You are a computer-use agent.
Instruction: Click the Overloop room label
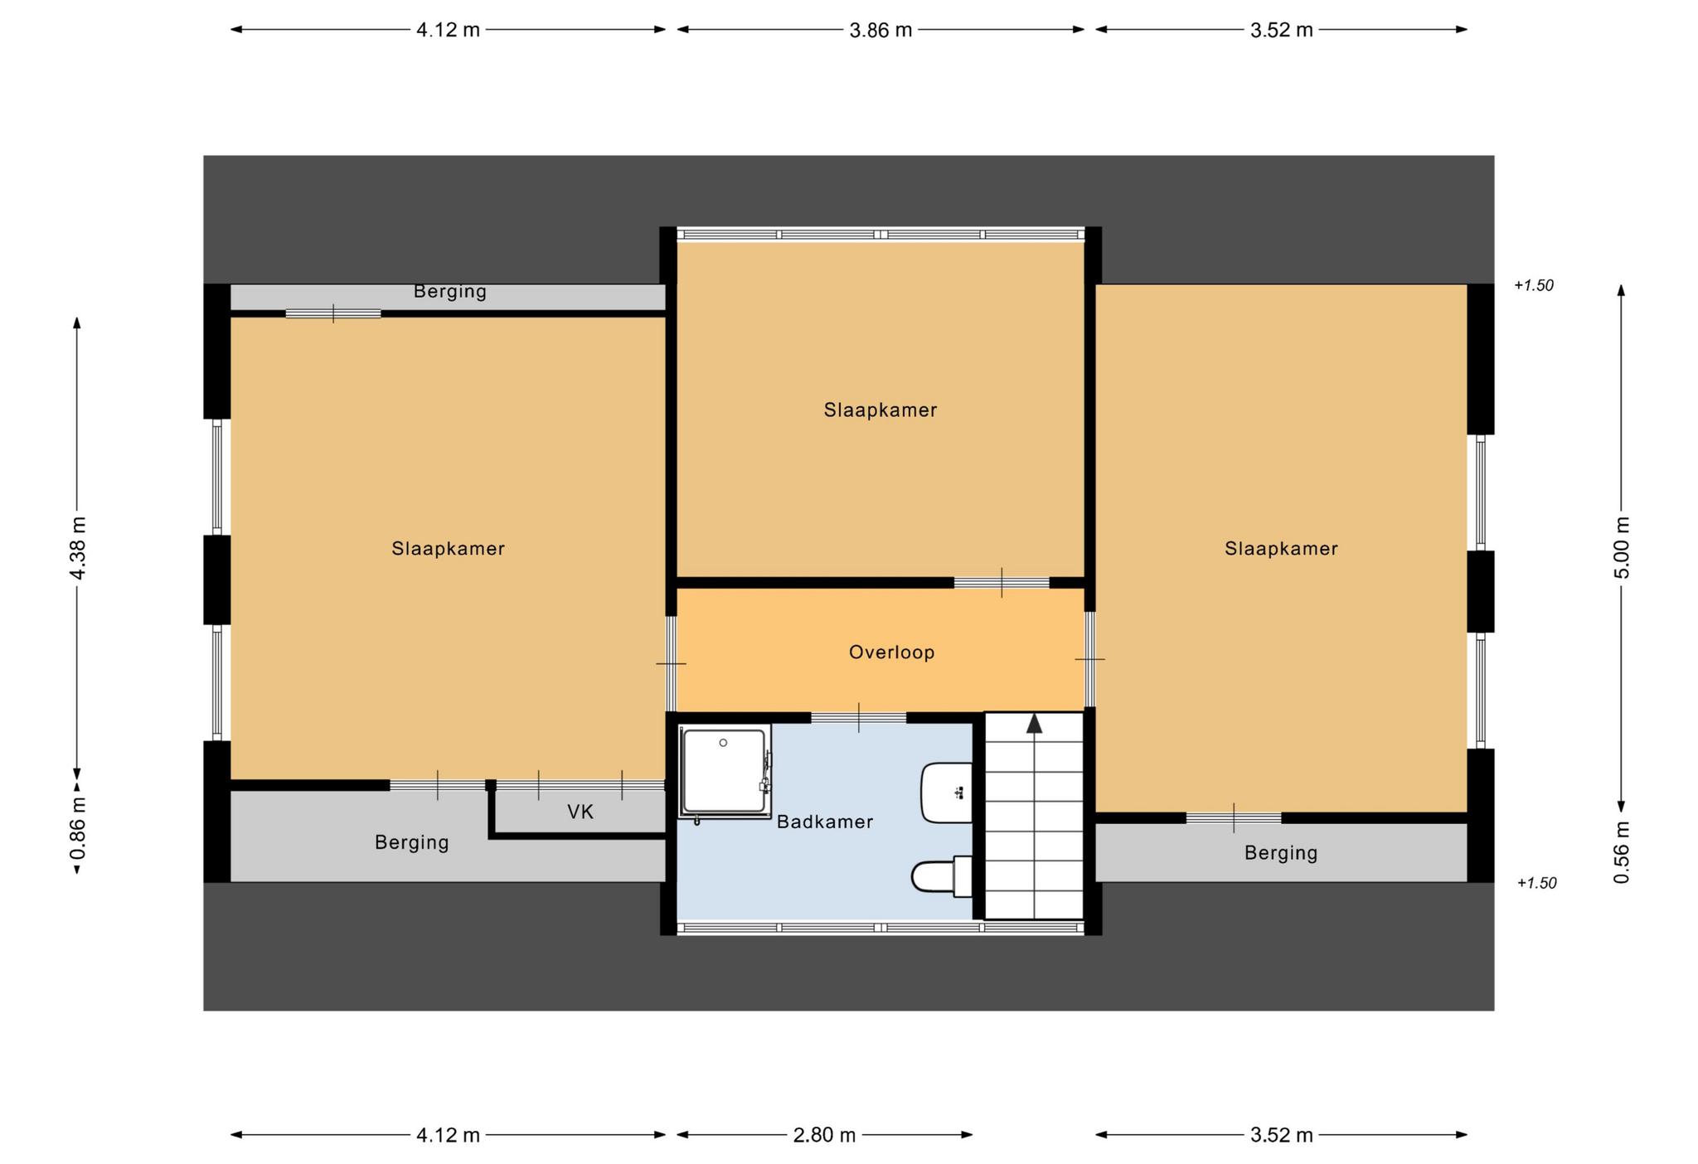coord(891,652)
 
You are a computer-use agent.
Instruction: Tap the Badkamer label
coord(825,822)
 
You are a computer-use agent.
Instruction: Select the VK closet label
coord(580,812)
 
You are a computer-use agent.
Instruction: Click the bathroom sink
coord(947,793)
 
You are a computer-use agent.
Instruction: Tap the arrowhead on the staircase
coord(1034,724)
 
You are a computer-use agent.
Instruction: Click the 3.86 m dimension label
coord(881,30)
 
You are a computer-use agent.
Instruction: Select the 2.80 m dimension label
coord(824,1135)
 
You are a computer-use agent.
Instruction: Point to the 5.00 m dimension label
coord(1623,547)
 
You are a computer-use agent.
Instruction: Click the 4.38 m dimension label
coord(77,548)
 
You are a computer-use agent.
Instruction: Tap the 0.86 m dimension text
coord(77,829)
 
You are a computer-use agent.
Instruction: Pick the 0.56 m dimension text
coord(1623,852)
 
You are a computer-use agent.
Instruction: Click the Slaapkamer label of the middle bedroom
coord(881,410)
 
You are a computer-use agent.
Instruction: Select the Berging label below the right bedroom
coord(1281,853)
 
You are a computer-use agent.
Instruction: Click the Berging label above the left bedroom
coord(450,292)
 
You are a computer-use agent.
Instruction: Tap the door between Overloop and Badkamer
coord(858,717)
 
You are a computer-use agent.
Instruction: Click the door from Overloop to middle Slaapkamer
coord(1002,583)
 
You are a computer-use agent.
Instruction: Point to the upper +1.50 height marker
coord(1534,285)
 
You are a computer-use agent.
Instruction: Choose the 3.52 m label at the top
coord(1282,30)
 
